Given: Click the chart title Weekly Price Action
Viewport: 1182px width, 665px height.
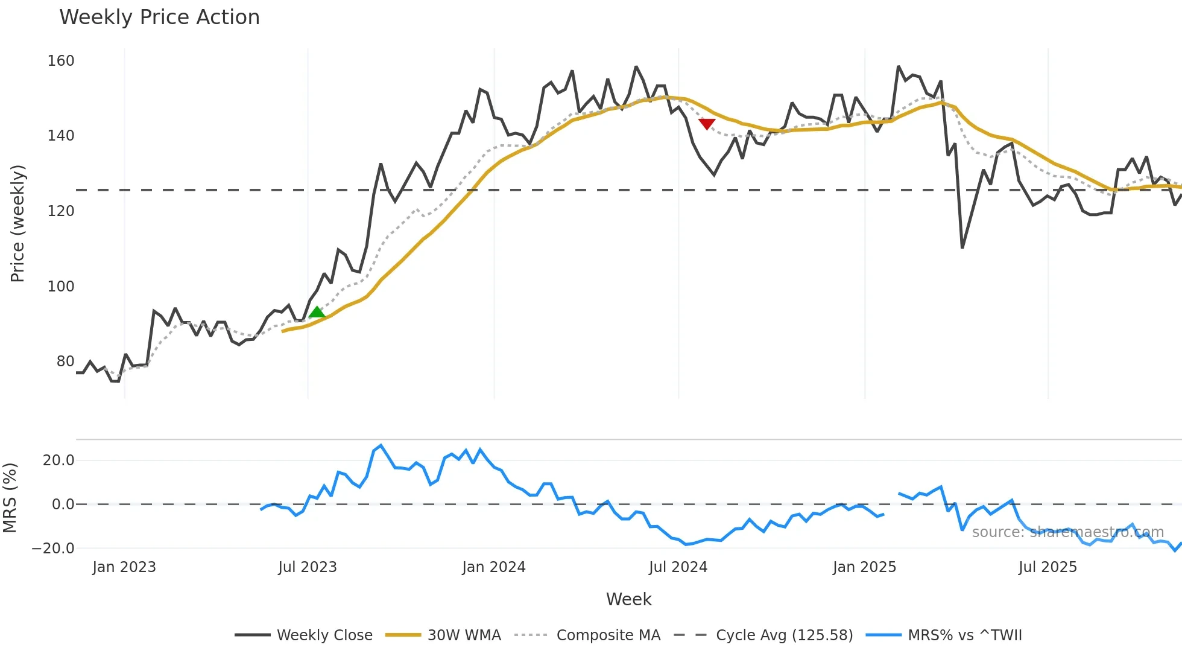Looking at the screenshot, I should tap(159, 17).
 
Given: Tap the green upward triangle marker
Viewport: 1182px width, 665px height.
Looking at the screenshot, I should tap(317, 312).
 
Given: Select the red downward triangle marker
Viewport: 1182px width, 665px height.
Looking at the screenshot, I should tap(707, 124).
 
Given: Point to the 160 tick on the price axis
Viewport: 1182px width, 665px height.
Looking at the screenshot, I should tap(61, 61).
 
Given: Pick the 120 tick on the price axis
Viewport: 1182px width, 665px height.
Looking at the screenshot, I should tap(61, 211).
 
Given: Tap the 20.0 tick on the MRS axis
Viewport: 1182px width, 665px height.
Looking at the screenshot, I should tap(58, 460).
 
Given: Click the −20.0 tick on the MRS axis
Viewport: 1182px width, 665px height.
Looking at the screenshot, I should tap(53, 549).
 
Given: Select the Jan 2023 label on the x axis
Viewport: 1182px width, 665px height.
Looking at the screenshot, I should tap(124, 567).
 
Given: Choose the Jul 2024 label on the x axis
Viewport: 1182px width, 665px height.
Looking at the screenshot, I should tap(678, 567).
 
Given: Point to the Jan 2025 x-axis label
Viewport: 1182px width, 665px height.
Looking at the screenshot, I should tap(864, 567).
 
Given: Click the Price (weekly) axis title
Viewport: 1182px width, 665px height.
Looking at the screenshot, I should tap(18, 223).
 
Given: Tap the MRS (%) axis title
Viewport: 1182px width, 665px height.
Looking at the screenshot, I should tap(10, 498).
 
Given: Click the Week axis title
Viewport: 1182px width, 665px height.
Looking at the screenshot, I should tap(628, 599).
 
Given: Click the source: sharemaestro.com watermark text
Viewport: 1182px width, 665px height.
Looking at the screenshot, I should tap(1067, 532).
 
